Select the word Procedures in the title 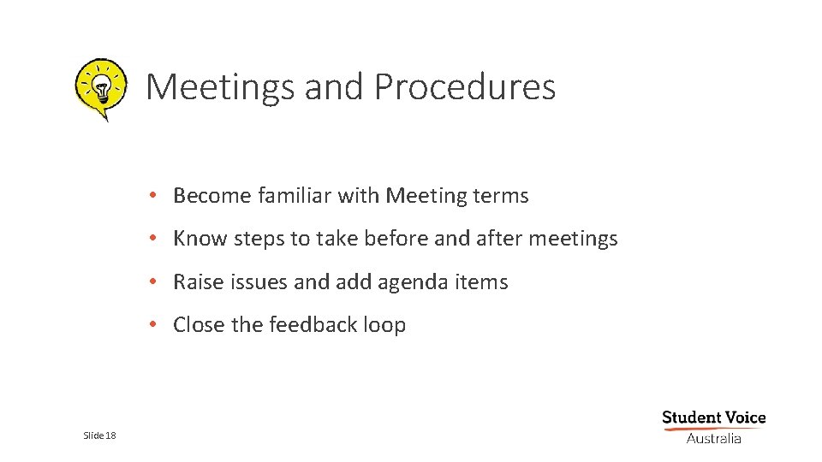(x=464, y=87)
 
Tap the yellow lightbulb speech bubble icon (x=101, y=87)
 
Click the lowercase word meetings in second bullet (x=573, y=239)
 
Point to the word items (x=482, y=282)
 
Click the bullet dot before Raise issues (x=151, y=282)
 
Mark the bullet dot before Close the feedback (x=151, y=325)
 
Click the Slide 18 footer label (x=99, y=436)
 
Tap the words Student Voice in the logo (x=713, y=418)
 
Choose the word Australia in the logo (x=713, y=438)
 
